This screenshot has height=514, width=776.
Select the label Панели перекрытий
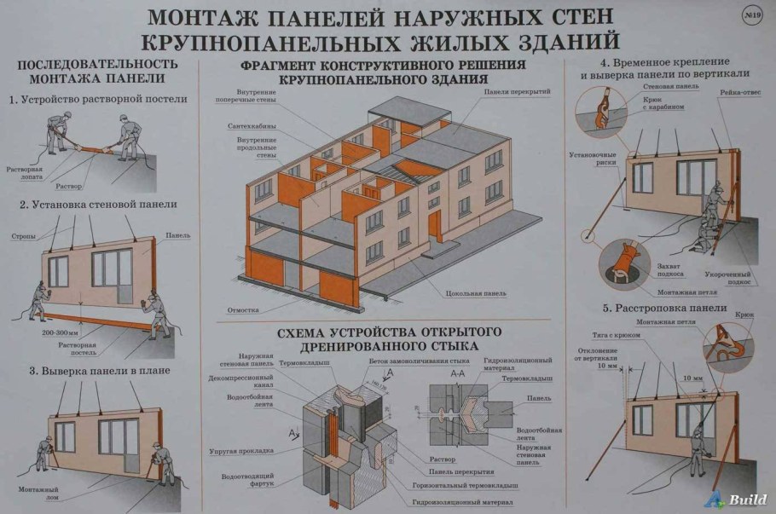coord(517,91)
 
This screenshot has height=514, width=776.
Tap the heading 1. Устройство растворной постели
coord(98,100)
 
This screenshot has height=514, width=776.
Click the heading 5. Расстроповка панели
coord(663,308)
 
